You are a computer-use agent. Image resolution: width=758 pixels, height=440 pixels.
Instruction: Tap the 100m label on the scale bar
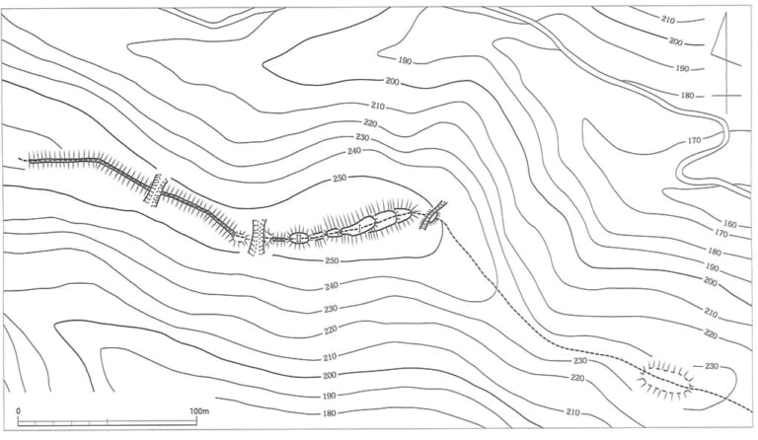click(199, 411)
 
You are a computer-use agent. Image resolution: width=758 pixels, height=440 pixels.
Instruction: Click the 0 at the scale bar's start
click(19, 411)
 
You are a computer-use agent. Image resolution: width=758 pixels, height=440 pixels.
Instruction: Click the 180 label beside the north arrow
click(687, 96)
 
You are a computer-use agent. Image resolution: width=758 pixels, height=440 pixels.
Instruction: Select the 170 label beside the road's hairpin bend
click(694, 140)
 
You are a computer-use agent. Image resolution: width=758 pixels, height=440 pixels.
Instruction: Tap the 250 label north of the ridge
click(340, 179)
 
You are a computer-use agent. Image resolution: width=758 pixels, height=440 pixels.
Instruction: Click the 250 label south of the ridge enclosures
click(332, 260)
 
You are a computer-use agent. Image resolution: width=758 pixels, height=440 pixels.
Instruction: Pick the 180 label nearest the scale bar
click(329, 413)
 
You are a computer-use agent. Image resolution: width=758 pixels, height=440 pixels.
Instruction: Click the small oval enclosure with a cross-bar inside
click(299, 238)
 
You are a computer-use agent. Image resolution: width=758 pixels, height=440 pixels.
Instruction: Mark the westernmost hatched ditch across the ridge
click(156, 190)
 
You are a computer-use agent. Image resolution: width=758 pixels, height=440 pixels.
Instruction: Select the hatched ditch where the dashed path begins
click(432, 215)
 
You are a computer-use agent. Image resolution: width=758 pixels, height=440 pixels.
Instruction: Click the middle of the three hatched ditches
click(257, 237)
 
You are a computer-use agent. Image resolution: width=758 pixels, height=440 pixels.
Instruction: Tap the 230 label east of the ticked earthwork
click(711, 366)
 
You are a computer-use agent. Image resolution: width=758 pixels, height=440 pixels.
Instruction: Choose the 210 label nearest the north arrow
click(668, 20)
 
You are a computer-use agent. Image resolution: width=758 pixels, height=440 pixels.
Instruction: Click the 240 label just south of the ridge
click(332, 286)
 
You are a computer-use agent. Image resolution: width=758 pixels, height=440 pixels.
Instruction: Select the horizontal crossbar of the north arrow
click(726, 96)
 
